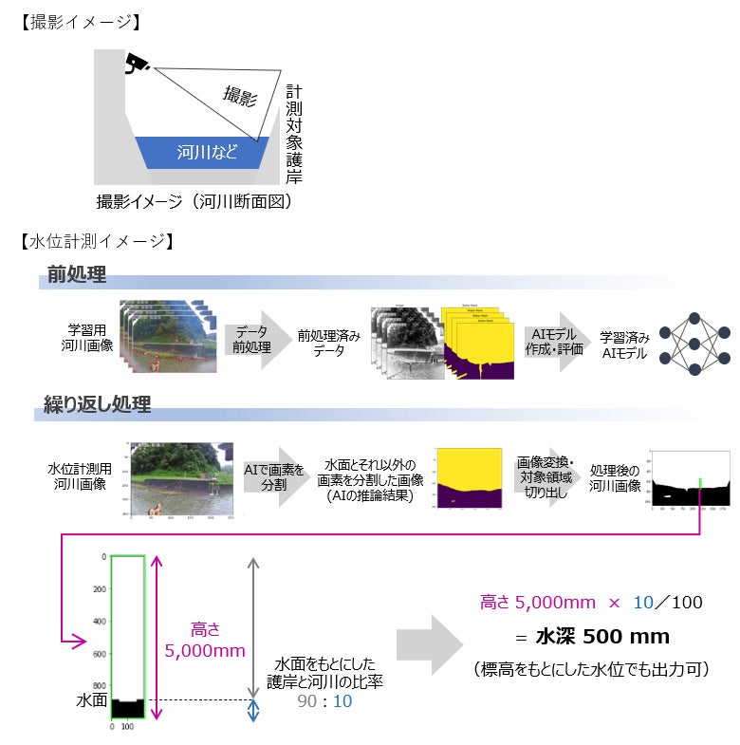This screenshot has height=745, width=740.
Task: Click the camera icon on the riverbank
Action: pyautogui.click(x=136, y=63)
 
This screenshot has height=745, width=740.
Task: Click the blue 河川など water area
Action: pyautogui.click(x=207, y=152)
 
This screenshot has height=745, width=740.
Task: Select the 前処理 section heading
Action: pyautogui.click(x=78, y=276)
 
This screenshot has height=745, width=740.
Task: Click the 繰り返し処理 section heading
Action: pyautogui.click(x=97, y=404)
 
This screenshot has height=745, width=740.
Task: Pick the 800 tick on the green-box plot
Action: pyautogui.click(x=99, y=685)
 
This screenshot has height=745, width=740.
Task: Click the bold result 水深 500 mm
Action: pyautogui.click(x=590, y=636)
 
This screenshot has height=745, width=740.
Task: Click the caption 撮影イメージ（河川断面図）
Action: pyautogui.click(x=194, y=201)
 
